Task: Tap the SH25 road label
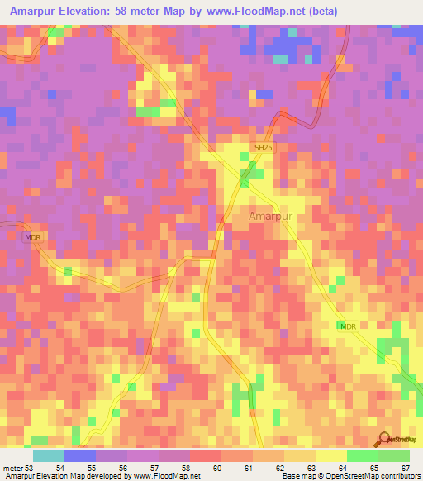tap(263, 147)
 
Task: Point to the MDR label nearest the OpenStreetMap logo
tap(347, 327)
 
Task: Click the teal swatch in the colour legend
tap(49, 455)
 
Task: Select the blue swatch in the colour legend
tap(80, 455)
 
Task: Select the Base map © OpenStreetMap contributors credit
tap(350, 476)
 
